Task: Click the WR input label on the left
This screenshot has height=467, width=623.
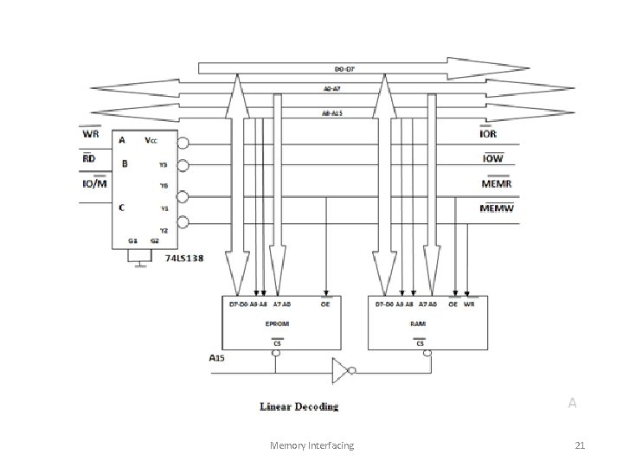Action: [90, 135]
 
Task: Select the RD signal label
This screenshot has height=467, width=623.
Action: [89, 159]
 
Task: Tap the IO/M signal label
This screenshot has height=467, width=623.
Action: [94, 183]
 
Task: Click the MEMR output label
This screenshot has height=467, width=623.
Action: [498, 183]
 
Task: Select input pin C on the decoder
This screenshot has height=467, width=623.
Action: [122, 208]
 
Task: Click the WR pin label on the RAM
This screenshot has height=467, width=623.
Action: [468, 304]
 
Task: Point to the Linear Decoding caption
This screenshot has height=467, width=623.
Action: [299, 406]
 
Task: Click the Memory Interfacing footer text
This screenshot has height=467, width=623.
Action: [311, 445]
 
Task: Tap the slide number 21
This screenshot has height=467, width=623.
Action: [580, 445]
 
